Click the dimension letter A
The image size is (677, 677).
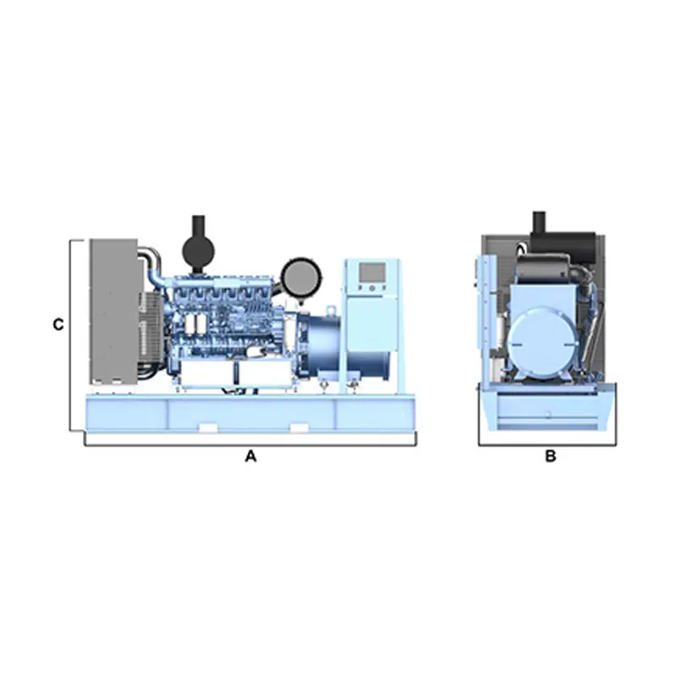(250, 456)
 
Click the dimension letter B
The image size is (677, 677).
(551, 456)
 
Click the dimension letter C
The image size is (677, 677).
(58, 325)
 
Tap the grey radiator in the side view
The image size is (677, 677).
(113, 311)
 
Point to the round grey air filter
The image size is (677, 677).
(301, 278)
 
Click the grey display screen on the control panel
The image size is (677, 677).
(372, 272)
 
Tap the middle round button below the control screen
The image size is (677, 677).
(372, 287)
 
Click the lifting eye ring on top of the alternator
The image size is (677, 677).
(331, 310)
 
